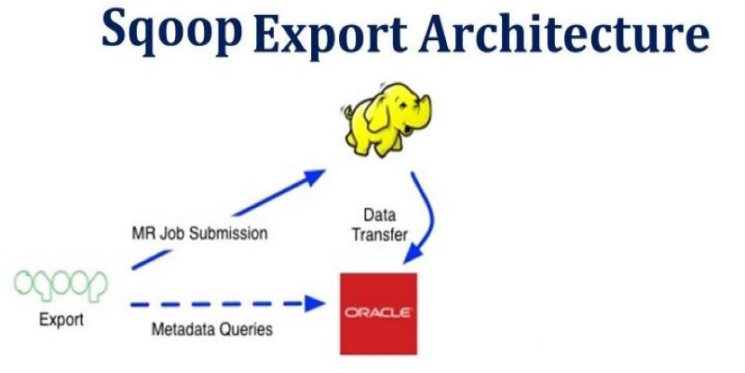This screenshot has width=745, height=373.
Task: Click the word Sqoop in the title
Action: point(171,30)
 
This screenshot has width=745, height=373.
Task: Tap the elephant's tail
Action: point(346,112)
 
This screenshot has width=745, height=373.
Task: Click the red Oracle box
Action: point(378,313)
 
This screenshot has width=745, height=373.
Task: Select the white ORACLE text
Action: point(378,312)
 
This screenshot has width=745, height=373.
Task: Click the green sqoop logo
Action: point(61,285)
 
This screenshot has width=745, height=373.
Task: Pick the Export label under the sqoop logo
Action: point(61,319)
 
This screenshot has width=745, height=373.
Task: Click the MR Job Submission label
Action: point(199,234)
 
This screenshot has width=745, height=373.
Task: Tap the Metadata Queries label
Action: point(212,329)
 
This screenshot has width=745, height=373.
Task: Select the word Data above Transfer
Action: point(380,215)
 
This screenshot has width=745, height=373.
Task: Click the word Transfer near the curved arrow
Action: point(380,235)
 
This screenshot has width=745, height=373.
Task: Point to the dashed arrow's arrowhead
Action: point(314,303)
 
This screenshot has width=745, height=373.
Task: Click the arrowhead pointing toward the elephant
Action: point(314,177)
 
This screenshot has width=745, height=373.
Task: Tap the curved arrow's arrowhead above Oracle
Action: point(413,255)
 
